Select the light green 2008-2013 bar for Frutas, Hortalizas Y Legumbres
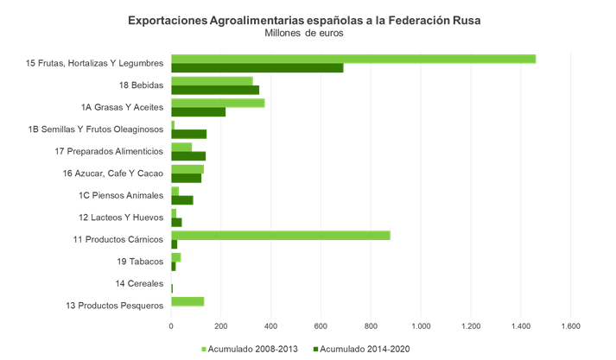353,59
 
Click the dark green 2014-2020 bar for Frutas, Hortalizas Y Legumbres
257,68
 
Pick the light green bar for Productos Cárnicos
281,235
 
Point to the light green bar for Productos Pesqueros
187,301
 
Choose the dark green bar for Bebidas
215,90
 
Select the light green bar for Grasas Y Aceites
218,103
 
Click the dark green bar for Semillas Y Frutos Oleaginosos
189,134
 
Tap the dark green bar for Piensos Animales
182,200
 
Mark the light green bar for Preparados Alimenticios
181,147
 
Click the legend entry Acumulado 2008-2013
250,349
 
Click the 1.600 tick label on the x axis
571,326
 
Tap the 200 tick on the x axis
221,326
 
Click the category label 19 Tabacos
140,262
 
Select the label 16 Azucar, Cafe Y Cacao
113,174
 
